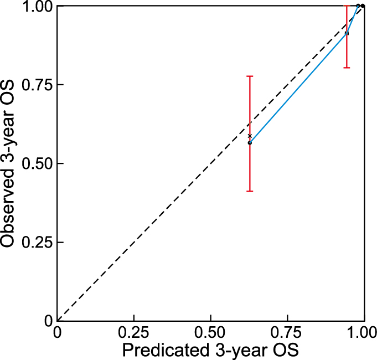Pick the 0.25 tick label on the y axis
click(37, 242)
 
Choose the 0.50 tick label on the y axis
click(37, 163)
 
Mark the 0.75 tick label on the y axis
click(37, 85)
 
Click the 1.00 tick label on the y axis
click(37, 6)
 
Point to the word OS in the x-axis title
click(284, 351)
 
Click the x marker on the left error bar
click(250, 136)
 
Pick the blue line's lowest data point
click(250, 143)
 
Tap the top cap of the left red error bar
click(250, 76)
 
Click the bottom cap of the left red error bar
click(250, 191)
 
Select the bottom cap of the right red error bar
click(347, 68)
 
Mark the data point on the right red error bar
click(347, 33)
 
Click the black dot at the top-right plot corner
click(363, 6)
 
